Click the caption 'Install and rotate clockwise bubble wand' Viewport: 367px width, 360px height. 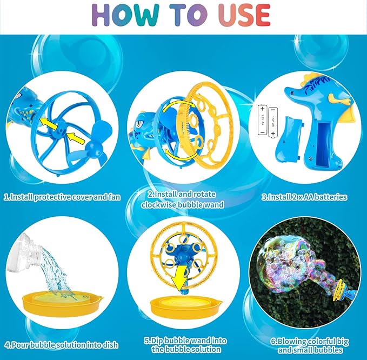pyautogui.click(x=183, y=200)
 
